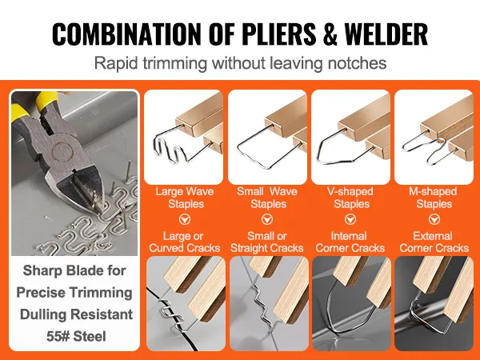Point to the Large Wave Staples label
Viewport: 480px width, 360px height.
click(x=184, y=198)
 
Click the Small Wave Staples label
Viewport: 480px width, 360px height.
click(x=267, y=198)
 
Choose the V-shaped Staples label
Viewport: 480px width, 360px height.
click(x=350, y=198)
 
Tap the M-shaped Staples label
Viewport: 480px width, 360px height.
click(x=433, y=198)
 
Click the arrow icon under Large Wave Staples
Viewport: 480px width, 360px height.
click(x=184, y=218)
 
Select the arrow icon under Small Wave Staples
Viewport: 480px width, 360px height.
click(x=267, y=218)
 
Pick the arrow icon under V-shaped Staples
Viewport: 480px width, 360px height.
click(x=350, y=218)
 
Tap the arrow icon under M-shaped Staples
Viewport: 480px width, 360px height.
click(x=433, y=218)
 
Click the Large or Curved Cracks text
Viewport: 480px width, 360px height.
click(x=184, y=242)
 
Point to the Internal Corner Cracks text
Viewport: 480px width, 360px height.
click(x=350, y=242)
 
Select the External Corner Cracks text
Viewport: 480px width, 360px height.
click(x=433, y=242)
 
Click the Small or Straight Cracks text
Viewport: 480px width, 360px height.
click(x=267, y=242)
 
